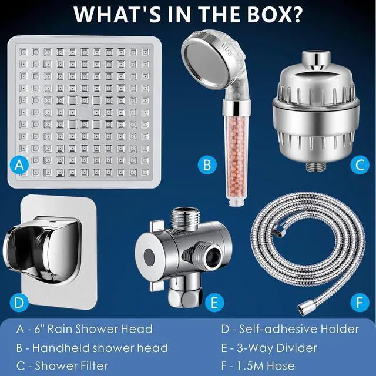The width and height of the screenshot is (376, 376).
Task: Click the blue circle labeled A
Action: coord(20,165)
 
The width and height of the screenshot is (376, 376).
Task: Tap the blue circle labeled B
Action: coord(207,165)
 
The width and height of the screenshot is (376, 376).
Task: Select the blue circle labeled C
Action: coord(360,165)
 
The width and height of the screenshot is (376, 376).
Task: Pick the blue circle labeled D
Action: coord(20,303)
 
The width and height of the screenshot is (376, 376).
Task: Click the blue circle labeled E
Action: coord(215,303)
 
